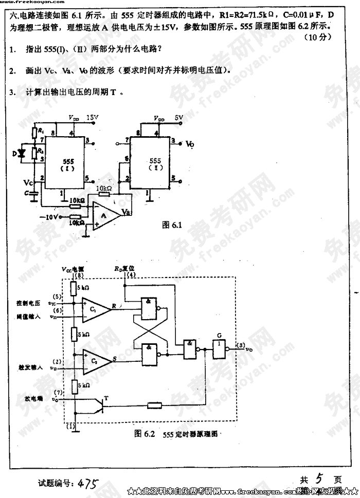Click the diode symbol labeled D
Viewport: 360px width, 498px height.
coord(21,153)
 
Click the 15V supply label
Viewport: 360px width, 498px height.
coord(92,118)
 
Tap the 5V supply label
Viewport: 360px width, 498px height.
coord(178,118)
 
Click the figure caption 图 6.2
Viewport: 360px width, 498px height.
coord(145,433)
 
